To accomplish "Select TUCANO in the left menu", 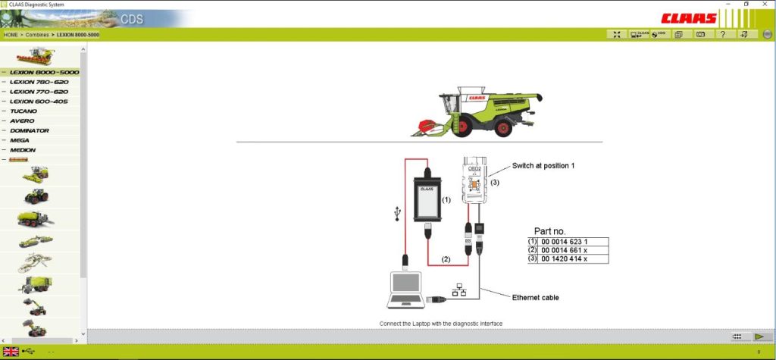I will click(23, 111).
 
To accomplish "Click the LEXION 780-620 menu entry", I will click(39, 82).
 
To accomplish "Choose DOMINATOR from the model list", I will click(30, 130).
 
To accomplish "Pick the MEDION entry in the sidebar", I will click(23, 150).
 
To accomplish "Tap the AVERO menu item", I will click(22, 121).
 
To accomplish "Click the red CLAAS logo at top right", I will click(688, 17).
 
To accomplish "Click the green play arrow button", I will click(759, 337).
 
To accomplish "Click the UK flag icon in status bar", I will click(11, 351).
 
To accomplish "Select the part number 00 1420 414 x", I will click(564, 259).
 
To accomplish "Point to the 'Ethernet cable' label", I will click(535, 298).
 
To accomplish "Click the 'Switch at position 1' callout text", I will click(543, 165).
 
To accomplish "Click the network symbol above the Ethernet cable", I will click(458, 289).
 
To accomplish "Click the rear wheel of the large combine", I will click(502, 129).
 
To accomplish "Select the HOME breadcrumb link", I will click(11, 35).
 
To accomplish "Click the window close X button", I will click(765, 5).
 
